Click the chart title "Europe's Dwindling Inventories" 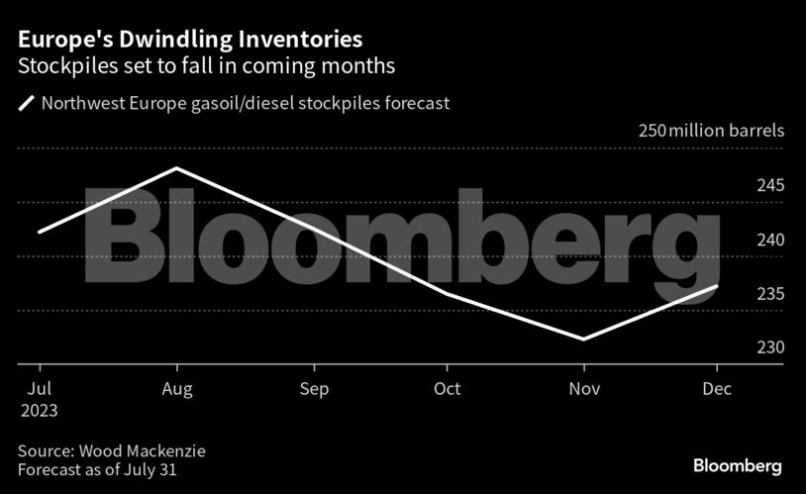click(x=189, y=40)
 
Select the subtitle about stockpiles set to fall click(x=207, y=67)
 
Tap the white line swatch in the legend click(x=26, y=102)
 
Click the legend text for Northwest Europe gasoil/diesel click(x=246, y=102)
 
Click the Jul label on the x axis click(x=40, y=389)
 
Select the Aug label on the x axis click(x=176, y=389)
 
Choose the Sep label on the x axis click(x=313, y=389)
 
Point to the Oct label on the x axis click(x=448, y=389)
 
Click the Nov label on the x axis click(x=583, y=389)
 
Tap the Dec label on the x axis click(x=718, y=389)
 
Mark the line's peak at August click(x=176, y=168)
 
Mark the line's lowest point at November click(x=583, y=340)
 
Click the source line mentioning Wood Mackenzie click(x=111, y=450)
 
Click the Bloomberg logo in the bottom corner click(x=737, y=464)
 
